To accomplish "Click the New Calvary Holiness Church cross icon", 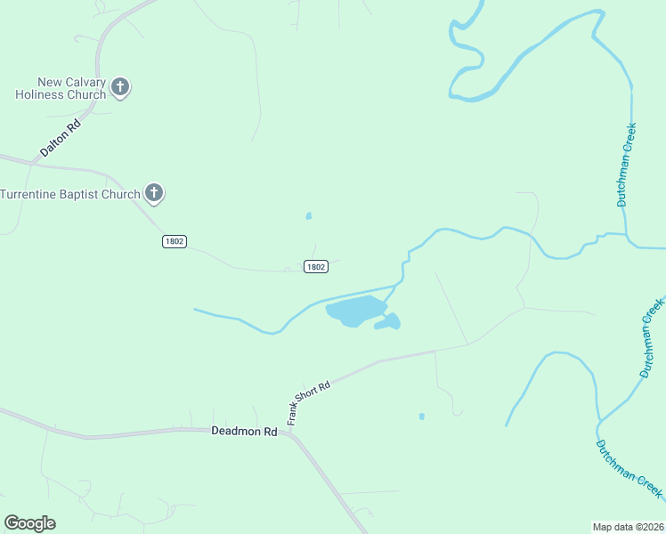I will point(120,87).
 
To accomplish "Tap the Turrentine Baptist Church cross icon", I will point(154,193).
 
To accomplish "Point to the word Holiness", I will point(41,95).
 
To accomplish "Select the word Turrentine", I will point(37,195).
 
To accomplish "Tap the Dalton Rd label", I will point(61,140).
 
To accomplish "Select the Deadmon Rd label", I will point(245,431).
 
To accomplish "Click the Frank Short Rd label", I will point(308,402).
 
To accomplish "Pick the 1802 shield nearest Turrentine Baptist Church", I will point(175,242).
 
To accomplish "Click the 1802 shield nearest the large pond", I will point(315,266).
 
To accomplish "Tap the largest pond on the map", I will point(355,311).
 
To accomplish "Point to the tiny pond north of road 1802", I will point(309,215).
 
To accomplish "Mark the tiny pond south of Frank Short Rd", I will point(421,416).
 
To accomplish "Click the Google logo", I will point(29,523).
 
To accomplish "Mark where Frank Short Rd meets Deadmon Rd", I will point(288,434).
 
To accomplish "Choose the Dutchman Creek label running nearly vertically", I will point(628,166).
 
